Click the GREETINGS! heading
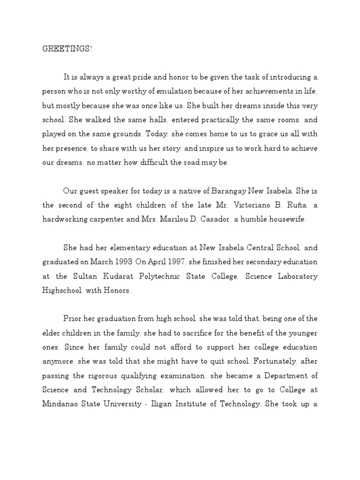67,49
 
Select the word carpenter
107,219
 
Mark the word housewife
289,219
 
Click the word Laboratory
297,276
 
